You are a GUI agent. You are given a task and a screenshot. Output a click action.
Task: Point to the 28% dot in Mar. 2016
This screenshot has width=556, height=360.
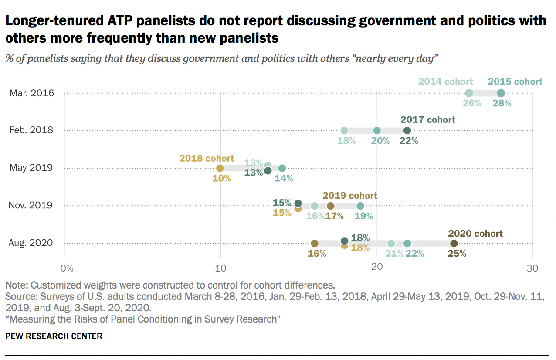tap(501, 93)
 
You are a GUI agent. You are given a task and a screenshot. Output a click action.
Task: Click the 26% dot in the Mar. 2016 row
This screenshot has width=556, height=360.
tap(469, 93)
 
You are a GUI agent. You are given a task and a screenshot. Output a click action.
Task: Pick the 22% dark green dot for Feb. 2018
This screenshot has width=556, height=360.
tap(407, 130)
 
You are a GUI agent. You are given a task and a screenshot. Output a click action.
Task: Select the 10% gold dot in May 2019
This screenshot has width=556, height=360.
tap(220, 168)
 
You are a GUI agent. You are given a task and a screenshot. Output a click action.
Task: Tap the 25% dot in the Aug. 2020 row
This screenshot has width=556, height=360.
tap(454, 243)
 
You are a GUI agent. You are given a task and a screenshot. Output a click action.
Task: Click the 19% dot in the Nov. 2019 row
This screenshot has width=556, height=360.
tap(360, 206)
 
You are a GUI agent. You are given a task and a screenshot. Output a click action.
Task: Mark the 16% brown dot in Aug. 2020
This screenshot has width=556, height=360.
tap(315, 243)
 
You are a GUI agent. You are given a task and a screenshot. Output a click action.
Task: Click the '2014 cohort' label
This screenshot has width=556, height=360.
tap(446, 82)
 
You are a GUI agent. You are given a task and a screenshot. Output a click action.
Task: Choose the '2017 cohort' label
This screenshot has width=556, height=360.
tap(428, 119)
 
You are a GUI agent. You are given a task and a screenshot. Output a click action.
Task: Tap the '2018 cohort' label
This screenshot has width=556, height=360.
tap(207, 158)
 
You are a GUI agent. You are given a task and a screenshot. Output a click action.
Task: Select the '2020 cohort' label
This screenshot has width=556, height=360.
tap(475, 234)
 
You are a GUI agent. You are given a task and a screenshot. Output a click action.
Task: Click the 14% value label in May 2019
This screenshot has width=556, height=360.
tap(283, 178)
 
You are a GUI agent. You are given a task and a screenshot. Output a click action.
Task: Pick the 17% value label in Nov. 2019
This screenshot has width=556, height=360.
tap(334, 216)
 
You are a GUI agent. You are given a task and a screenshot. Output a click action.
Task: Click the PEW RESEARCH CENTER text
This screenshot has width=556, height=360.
tap(54, 336)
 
